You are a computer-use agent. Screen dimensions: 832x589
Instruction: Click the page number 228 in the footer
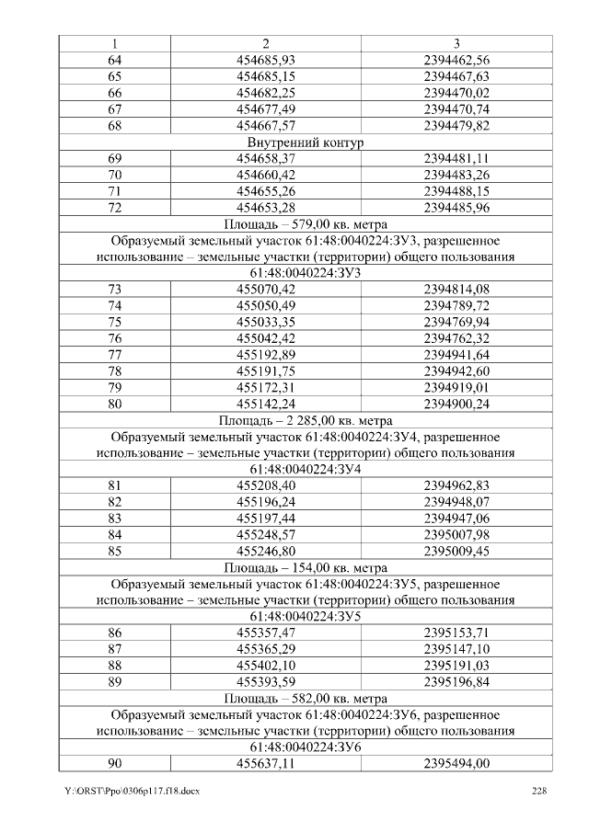click(x=541, y=792)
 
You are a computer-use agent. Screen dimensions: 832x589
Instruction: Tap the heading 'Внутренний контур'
click(x=306, y=143)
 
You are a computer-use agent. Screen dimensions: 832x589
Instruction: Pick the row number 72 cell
click(x=115, y=210)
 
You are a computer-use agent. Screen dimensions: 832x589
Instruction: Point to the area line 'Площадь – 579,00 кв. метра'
click(x=306, y=224)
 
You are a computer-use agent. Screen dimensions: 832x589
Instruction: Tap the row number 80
click(x=115, y=402)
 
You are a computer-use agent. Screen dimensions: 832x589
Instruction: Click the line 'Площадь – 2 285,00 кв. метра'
click(x=306, y=418)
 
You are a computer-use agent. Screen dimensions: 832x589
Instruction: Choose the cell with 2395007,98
click(x=456, y=534)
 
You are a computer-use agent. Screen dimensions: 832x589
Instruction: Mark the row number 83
click(x=115, y=518)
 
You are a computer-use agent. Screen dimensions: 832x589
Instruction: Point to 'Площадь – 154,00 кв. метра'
click(x=306, y=567)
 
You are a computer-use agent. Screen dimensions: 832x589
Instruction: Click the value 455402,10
click(x=265, y=666)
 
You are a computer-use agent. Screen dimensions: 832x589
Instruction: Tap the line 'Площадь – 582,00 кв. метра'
click(x=306, y=699)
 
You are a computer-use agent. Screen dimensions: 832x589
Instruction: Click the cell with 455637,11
click(x=265, y=764)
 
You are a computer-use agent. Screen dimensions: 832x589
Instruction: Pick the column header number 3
click(x=456, y=43)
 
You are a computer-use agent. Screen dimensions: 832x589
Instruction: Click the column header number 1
click(x=115, y=43)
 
